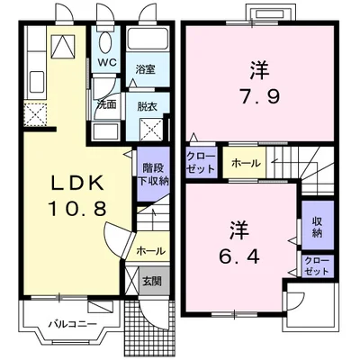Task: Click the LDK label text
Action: click(x=77, y=182)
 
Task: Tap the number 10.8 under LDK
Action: click(x=77, y=208)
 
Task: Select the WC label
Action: click(x=107, y=63)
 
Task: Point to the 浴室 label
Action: click(x=145, y=69)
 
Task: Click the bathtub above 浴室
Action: click(x=147, y=39)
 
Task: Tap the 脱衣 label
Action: click(x=148, y=107)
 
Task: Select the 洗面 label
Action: click(x=107, y=104)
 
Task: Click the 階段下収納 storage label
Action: click(x=153, y=175)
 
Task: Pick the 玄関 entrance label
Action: click(x=152, y=281)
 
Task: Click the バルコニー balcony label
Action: click(x=73, y=324)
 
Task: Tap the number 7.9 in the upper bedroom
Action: click(x=260, y=96)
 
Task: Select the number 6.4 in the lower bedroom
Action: click(x=239, y=256)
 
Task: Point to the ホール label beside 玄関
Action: click(x=150, y=251)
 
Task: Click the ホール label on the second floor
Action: click(x=246, y=164)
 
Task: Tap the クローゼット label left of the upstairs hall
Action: click(x=201, y=162)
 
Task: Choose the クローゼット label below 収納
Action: click(x=317, y=266)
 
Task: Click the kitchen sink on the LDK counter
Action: click(x=37, y=82)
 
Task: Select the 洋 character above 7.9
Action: click(x=259, y=70)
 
